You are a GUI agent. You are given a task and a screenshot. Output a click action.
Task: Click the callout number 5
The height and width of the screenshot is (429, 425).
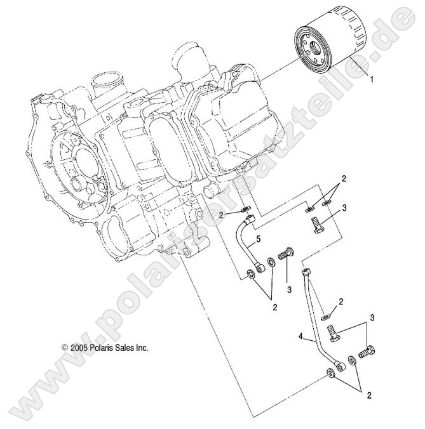[259, 240]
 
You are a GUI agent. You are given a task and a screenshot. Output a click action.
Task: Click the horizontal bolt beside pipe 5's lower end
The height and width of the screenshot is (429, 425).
[286, 253]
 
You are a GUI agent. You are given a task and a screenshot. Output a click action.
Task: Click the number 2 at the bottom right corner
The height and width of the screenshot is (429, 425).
[368, 395]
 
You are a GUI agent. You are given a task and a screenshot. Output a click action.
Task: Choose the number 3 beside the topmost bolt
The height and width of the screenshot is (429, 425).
[344, 208]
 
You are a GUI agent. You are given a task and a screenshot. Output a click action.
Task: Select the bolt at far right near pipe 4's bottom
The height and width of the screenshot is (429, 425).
[367, 350]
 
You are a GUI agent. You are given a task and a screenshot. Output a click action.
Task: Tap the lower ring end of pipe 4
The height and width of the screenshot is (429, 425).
[333, 371]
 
